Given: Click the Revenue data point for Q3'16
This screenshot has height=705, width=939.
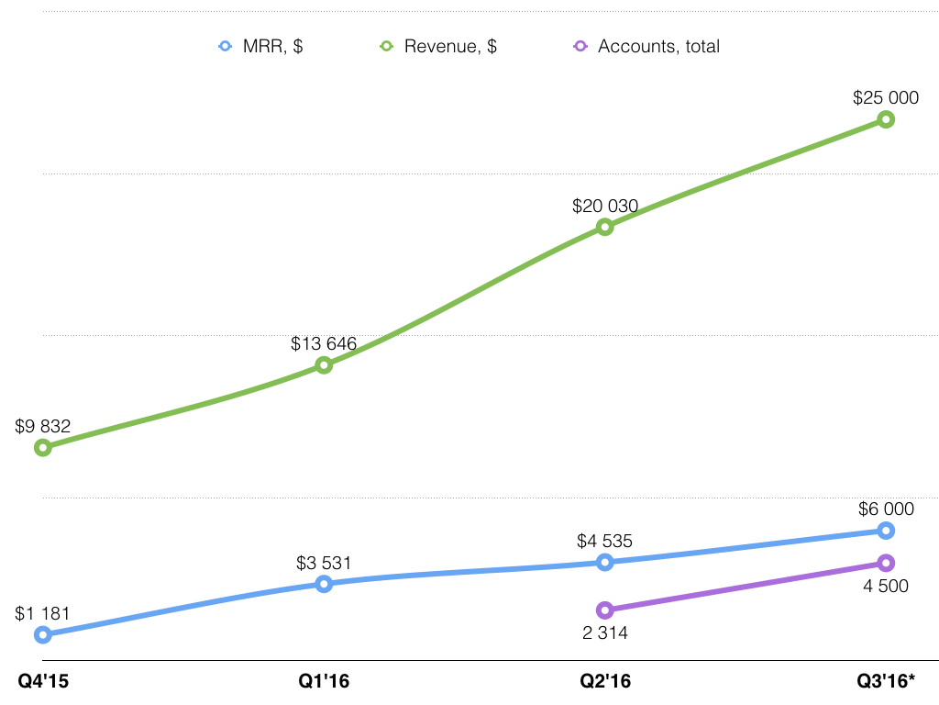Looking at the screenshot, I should click(x=886, y=119).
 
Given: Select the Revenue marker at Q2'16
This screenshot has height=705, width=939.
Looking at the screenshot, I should click(x=604, y=227).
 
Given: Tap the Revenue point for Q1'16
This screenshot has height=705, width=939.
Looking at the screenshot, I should click(x=324, y=365).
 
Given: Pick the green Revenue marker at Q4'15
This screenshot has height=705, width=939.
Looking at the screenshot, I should click(x=42, y=448).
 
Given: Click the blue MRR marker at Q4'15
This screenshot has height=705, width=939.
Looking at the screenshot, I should click(x=42, y=634).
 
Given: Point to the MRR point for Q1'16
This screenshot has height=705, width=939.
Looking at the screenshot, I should click(x=324, y=584).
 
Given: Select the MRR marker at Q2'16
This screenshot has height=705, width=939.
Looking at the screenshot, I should click(x=604, y=562).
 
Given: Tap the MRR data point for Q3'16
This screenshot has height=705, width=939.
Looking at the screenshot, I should click(x=886, y=531).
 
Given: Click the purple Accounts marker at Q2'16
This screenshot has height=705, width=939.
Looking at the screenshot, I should click(x=604, y=610).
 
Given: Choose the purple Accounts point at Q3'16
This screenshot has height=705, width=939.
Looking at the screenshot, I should click(x=886, y=563).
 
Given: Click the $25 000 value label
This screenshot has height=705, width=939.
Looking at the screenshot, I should click(x=886, y=97).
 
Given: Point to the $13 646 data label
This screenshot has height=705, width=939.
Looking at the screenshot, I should click(x=324, y=344).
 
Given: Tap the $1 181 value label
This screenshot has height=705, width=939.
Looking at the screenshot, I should click(x=42, y=613).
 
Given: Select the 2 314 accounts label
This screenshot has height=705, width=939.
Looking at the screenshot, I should click(x=605, y=632).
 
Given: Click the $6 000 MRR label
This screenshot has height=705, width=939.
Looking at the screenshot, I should click(x=886, y=509).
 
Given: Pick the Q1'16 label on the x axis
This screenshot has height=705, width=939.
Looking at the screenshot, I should click(x=324, y=682).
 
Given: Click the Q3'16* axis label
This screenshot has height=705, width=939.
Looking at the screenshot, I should click(x=886, y=682).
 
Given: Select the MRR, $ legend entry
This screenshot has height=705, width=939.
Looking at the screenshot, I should click(x=261, y=46).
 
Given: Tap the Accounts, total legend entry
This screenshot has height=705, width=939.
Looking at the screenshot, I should click(x=646, y=46).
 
